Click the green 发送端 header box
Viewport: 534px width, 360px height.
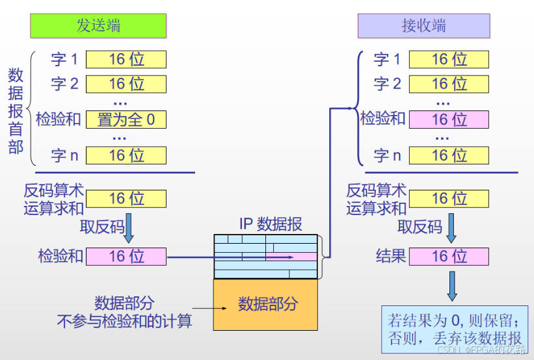coord(98,26)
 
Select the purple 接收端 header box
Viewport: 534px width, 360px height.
coord(423,26)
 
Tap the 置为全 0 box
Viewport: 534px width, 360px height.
coord(126,120)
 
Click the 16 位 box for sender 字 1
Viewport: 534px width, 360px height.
coord(126,60)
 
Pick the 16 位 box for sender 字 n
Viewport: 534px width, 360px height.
coord(126,155)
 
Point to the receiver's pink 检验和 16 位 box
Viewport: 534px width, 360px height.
coord(449,120)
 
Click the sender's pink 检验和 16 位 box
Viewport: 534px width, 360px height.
coord(126,256)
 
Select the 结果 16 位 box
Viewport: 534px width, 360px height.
coord(449,256)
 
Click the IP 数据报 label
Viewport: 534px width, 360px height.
coord(270,225)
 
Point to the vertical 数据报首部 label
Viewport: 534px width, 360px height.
coord(16,110)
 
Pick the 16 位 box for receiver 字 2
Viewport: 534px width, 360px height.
coord(449,84)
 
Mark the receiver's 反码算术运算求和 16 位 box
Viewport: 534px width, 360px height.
coord(449,198)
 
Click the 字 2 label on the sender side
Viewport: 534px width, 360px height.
coord(64,84)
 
